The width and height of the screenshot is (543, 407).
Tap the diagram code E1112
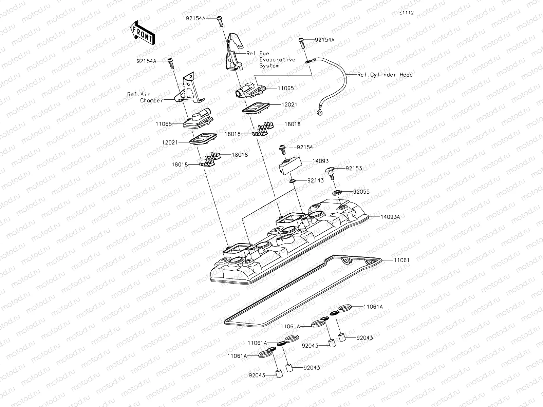pyautogui.click(x=407, y=13)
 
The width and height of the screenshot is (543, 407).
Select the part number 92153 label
pyautogui.click(x=354, y=168)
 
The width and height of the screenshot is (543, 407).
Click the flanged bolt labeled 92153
pyautogui.click(x=332, y=172)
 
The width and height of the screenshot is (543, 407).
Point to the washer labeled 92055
pyautogui.click(x=336, y=193)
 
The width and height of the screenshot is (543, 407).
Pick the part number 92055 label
pyautogui.click(x=361, y=192)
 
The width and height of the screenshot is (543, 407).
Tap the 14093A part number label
pyautogui.click(x=390, y=216)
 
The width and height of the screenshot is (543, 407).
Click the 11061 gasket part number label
pyautogui.click(x=401, y=260)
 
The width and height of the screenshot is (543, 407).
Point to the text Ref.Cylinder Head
pyautogui.click(x=385, y=75)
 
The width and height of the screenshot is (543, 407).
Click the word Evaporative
pyautogui.click(x=277, y=60)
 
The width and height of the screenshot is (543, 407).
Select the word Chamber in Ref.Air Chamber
pyautogui.click(x=151, y=100)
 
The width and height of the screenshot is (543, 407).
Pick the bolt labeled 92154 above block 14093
pyautogui.click(x=282, y=148)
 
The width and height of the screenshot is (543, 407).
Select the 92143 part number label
pyautogui.click(x=316, y=181)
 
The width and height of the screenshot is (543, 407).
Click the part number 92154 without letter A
pyautogui.click(x=305, y=148)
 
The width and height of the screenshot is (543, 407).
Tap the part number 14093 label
pyautogui.click(x=320, y=161)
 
